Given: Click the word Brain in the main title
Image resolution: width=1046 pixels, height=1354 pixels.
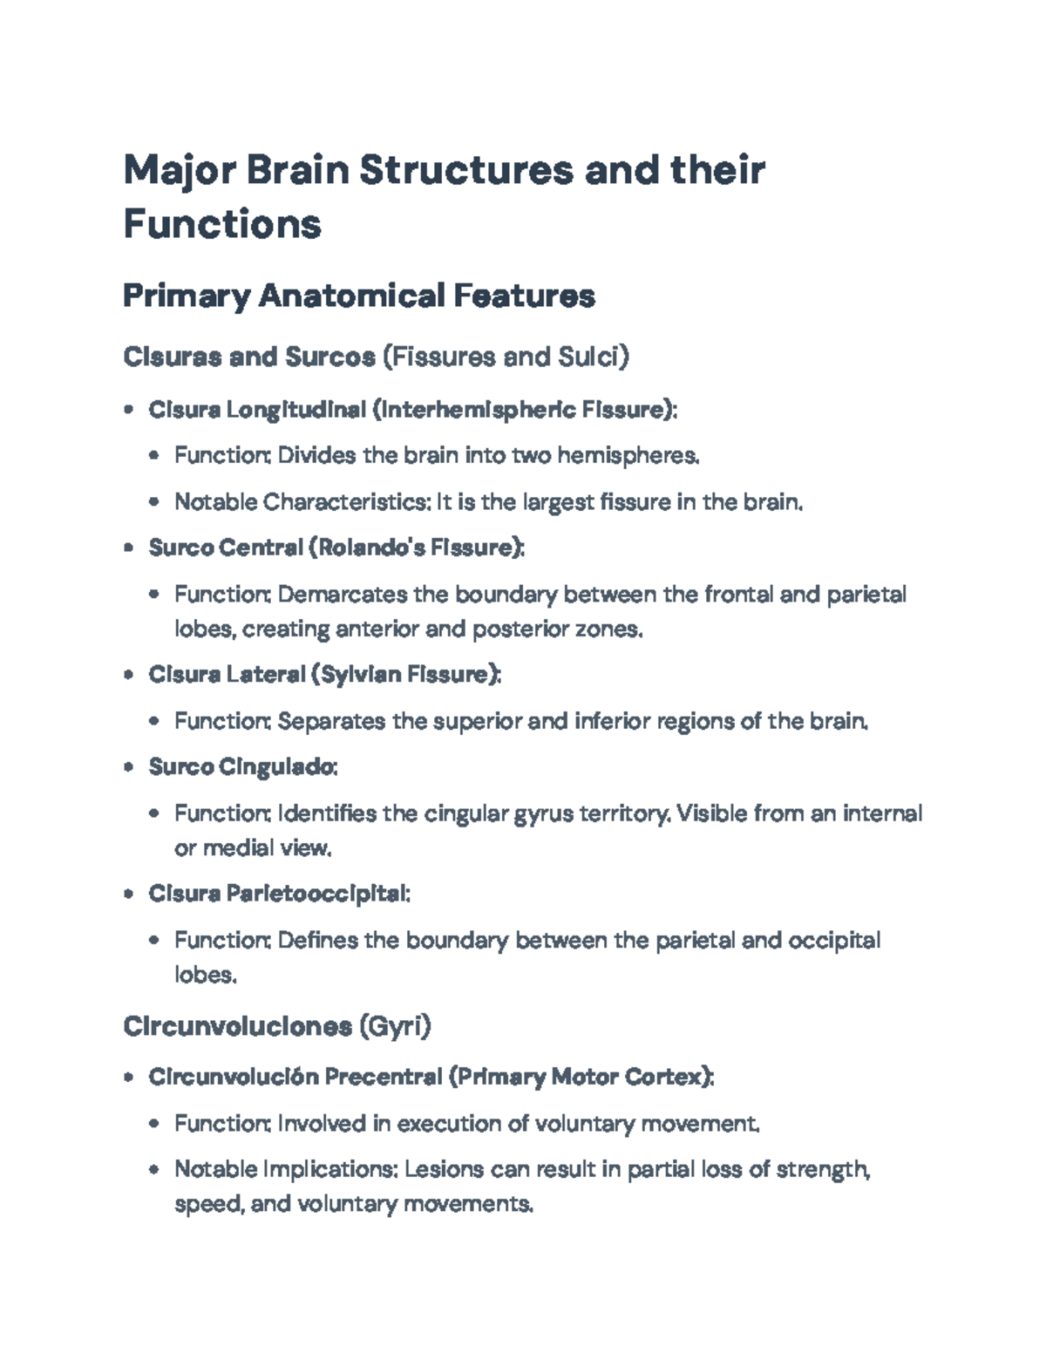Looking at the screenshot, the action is [x=297, y=170].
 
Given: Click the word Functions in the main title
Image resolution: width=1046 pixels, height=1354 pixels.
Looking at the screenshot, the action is [x=222, y=224].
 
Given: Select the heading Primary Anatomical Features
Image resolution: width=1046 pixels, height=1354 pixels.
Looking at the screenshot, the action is [x=358, y=296].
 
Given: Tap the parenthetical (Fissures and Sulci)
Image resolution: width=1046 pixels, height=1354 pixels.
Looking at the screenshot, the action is [x=506, y=357].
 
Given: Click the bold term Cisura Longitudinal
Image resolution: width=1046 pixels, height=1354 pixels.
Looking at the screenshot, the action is [x=256, y=410].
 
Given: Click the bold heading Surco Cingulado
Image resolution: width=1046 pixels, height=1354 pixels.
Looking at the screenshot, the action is [x=241, y=767].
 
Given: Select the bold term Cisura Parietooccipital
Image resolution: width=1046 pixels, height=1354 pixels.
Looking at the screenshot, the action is [x=277, y=894].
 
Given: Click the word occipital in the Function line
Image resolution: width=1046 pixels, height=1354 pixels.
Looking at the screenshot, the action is [x=834, y=941].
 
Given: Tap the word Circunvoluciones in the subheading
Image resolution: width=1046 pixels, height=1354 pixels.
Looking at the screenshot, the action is [x=236, y=1026].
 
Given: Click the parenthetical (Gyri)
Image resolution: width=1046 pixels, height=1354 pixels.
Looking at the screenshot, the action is [x=395, y=1026].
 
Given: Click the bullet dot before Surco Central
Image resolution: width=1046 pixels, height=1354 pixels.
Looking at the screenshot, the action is [x=129, y=548].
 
